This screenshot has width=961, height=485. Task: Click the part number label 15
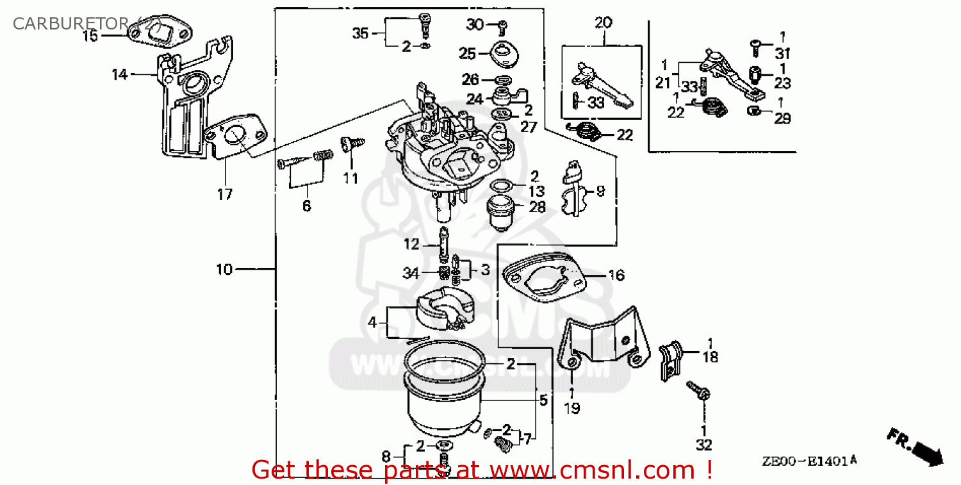(90, 36)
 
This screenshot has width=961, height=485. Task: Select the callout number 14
(120, 75)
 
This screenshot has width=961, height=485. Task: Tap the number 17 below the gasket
(224, 195)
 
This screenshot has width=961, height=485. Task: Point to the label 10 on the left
(224, 270)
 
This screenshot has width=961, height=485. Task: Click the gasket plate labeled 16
(545, 277)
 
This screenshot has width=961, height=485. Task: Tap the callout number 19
(571, 407)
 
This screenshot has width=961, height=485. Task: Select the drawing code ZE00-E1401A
(809, 461)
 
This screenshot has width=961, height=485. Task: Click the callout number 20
(604, 23)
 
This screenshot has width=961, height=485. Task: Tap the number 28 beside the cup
(537, 207)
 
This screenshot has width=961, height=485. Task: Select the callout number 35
(361, 33)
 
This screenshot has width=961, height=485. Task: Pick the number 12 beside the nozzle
(411, 244)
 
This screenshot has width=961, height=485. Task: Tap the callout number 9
(600, 190)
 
